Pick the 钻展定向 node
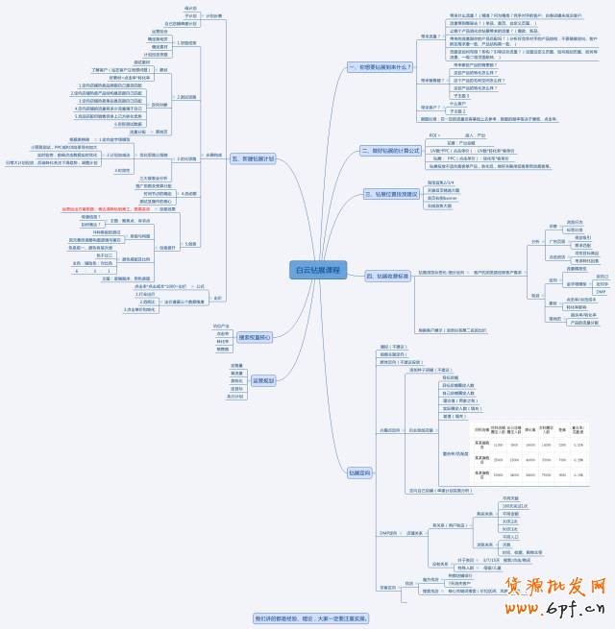359,472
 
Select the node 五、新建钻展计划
253,158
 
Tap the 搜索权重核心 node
254,337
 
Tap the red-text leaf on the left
106,208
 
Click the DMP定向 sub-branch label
389,531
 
